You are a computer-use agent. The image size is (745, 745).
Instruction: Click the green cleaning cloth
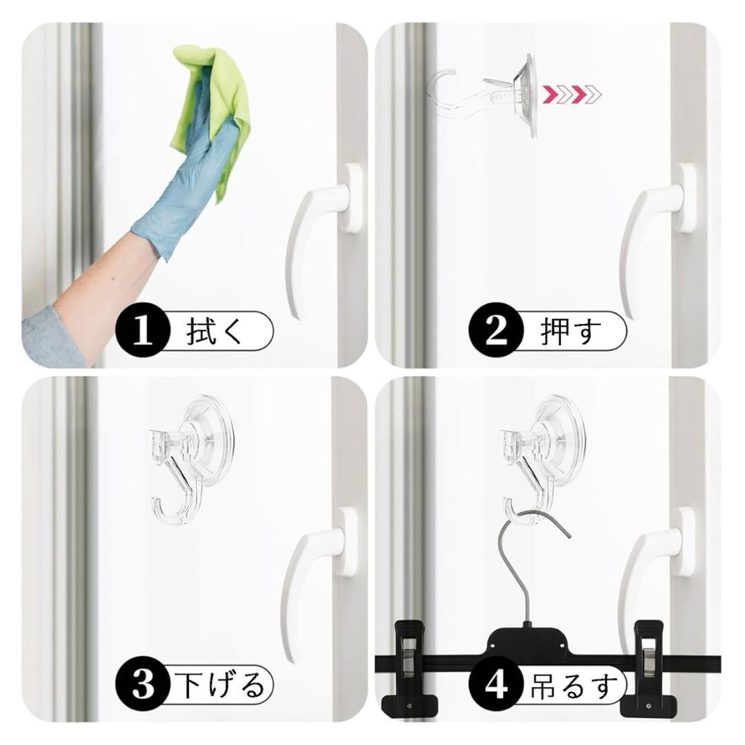(214, 95)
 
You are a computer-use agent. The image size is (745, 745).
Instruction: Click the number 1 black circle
(143, 330)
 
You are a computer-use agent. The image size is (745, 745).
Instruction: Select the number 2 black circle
(497, 330)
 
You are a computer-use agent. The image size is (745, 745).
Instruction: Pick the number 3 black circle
(143, 685)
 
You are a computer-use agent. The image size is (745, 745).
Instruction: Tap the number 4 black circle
(497, 685)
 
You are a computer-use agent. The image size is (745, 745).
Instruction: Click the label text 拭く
(215, 331)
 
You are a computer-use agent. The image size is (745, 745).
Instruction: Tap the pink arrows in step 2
(572, 95)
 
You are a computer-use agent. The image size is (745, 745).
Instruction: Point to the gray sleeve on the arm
(52, 338)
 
